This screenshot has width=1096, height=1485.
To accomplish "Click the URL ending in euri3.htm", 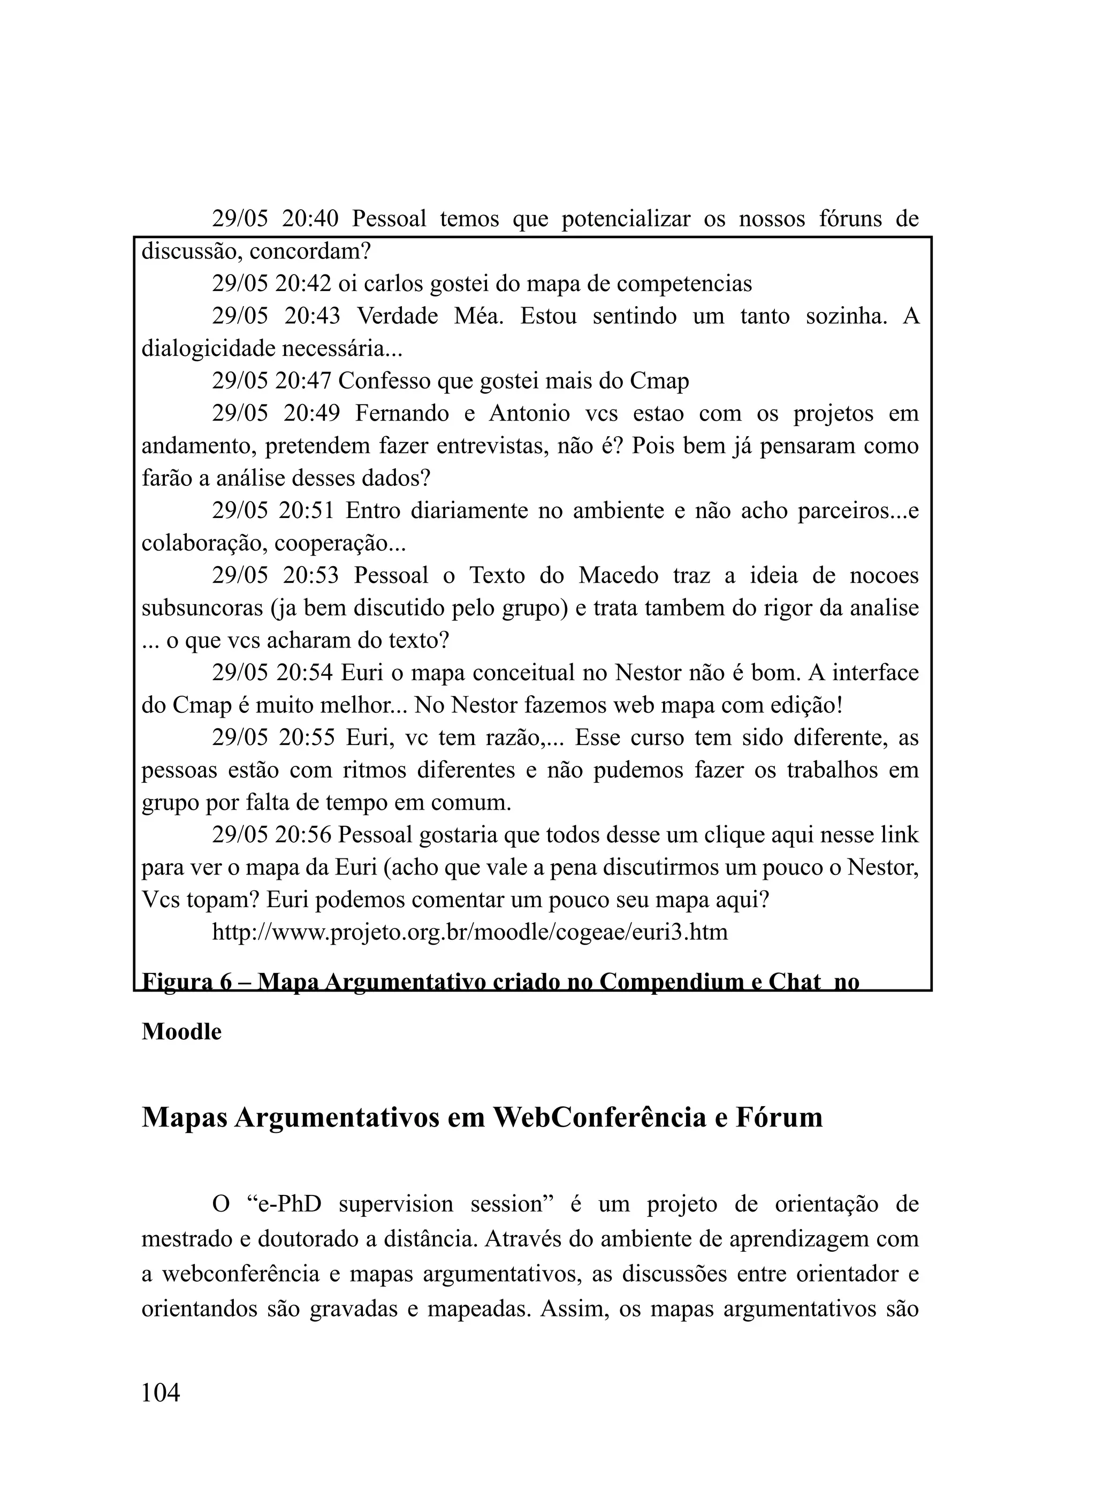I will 470,932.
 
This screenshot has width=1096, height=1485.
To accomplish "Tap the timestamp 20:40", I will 310,218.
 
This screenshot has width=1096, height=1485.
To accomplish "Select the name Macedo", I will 618,575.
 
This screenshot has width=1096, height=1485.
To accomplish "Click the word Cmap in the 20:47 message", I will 659,380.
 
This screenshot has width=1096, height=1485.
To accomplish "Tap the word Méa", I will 478,316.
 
